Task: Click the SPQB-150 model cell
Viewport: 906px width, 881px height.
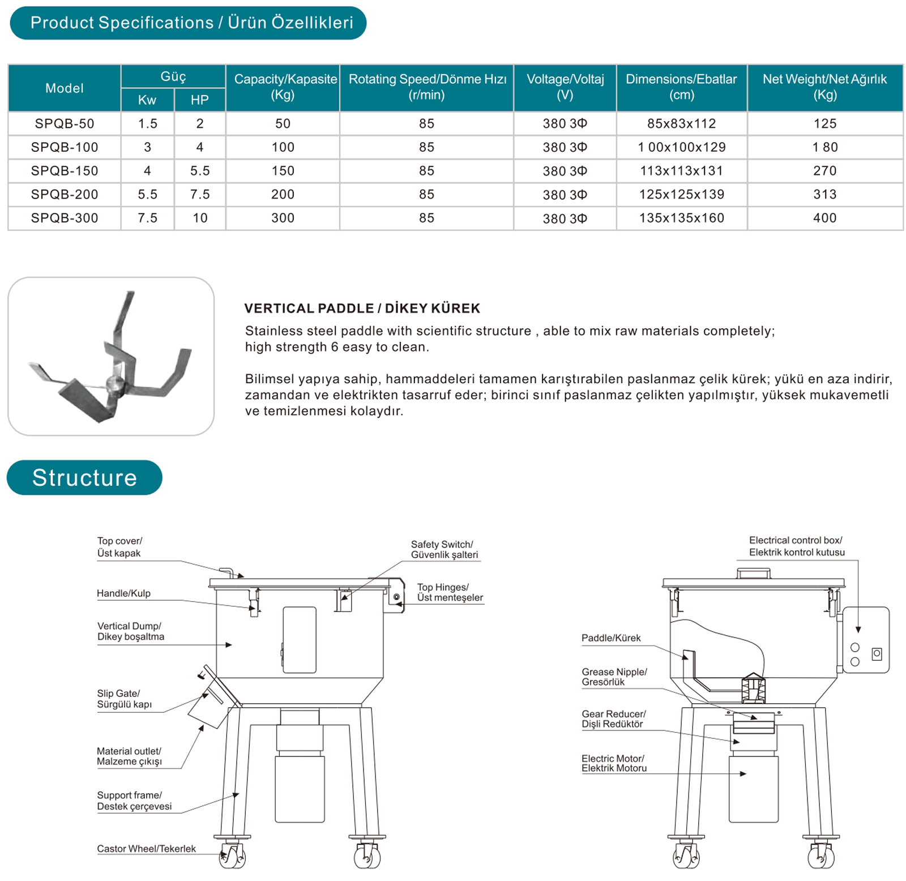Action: pos(65,171)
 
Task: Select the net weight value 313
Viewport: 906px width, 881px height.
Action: pos(824,195)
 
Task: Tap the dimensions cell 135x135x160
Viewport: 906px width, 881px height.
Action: pos(681,218)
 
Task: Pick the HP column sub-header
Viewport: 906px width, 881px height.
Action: pos(199,100)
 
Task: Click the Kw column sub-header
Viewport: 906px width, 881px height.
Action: pos(147,100)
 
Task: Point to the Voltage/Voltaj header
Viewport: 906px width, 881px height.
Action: pos(565,87)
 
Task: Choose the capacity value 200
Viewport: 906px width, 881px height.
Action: pos(283,195)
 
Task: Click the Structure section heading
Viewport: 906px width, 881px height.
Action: pos(84,478)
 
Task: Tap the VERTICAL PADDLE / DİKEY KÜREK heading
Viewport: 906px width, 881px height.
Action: pos(362,309)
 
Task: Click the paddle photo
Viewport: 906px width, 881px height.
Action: pos(111,356)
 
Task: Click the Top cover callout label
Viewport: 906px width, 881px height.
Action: pos(119,547)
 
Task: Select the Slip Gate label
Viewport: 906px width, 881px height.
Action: pos(124,699)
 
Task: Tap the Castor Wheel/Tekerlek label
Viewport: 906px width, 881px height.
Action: pos(146,849)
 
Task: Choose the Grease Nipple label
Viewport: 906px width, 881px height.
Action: pos(614,677)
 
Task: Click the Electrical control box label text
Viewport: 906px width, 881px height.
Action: pos(796,546)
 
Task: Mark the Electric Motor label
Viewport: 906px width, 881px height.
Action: pos(614,763)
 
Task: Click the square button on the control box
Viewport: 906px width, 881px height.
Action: pos(877,654)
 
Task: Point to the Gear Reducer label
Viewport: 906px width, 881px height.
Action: pos(613,719)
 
